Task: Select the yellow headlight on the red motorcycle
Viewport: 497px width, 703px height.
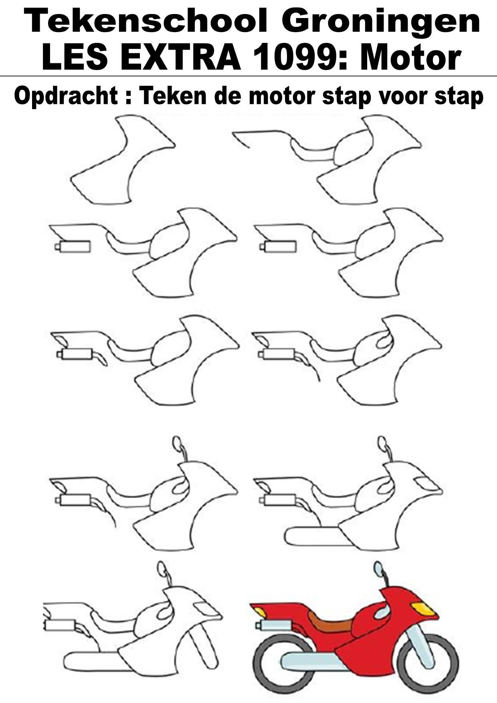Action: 423,609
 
